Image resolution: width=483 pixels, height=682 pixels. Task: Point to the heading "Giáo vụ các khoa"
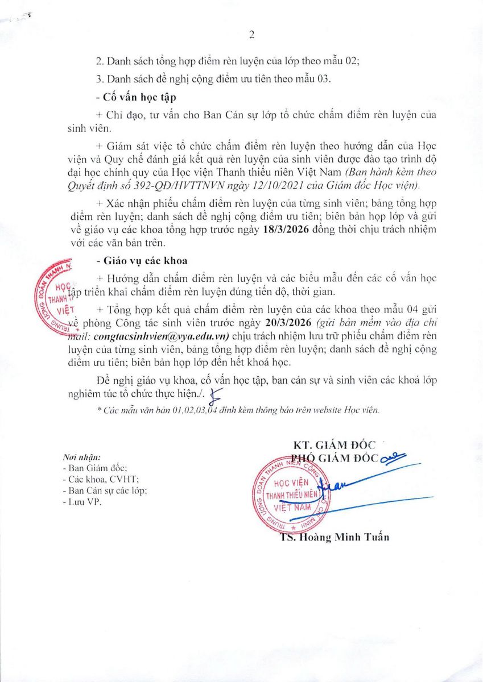[x=135, y=261]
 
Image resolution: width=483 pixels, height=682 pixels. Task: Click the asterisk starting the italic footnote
[x=100, y=410]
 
